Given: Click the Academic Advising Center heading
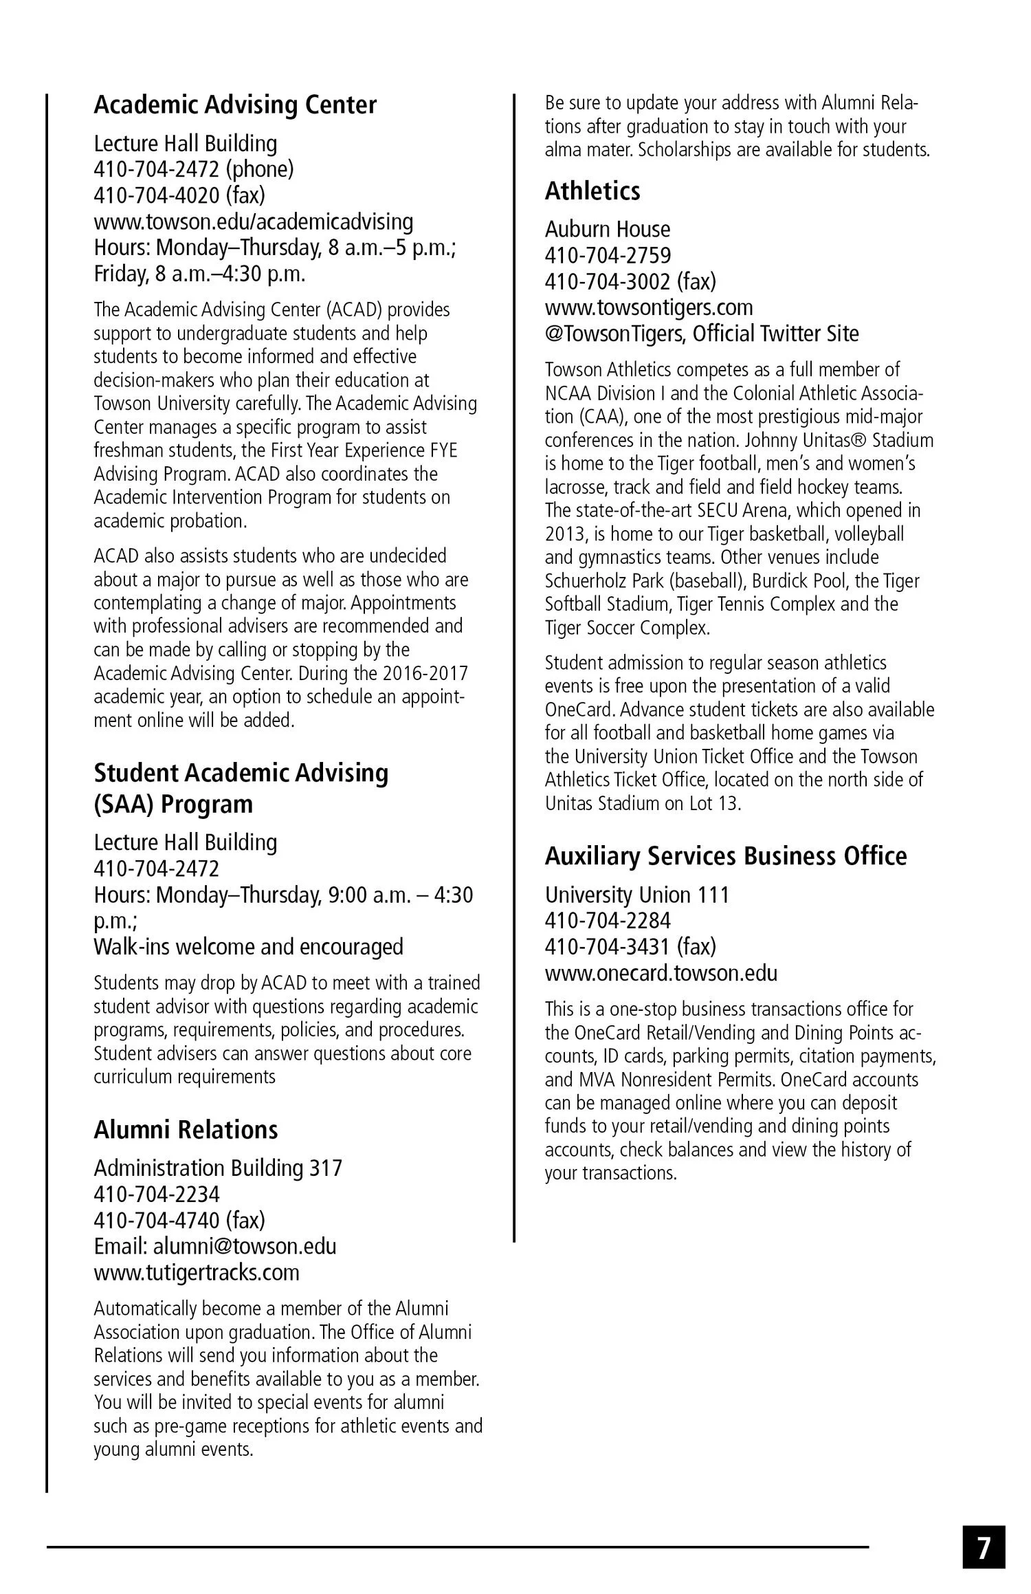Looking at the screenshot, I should (235, 105).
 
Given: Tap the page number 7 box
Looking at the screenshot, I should (984, 1547).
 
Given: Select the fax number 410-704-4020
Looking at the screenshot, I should (179, 195).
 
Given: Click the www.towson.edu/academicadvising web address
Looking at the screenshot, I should (253, 221).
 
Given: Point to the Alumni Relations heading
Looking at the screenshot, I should (186, 1129).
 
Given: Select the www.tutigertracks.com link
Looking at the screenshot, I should (197, 1272).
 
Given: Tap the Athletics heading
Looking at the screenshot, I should (592, 191).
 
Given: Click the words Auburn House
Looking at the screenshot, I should (607, 229).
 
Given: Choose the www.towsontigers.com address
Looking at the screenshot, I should (648, 307).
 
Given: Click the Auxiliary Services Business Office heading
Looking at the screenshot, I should (725, 856).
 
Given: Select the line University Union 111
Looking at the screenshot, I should (636, 895).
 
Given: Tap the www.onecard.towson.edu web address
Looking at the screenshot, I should (661, 973).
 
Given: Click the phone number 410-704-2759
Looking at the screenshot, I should (608, 255).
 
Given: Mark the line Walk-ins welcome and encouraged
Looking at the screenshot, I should (248, 947).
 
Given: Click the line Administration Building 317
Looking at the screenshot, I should (217, 1168).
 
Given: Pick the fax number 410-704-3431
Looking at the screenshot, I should (630, 947).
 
